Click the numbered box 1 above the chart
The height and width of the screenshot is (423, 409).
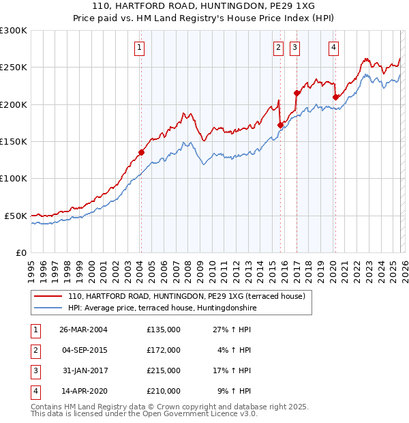(x=139, y=47)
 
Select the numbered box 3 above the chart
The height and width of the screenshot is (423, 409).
(x=294, y=47)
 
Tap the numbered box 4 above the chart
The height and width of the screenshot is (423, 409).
(x=333, y=47)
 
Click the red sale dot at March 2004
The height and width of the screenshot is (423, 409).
(x=141, y=152)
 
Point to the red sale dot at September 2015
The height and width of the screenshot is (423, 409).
(x=280, y=125)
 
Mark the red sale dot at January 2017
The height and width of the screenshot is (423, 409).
(x=297, y=93)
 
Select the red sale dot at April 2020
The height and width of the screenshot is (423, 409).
(x=335, y=97)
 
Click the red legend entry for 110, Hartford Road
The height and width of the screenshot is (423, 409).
(x=190, y=297)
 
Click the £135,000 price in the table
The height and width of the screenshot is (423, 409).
(x=164, y=330)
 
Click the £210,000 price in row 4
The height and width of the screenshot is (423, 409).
(x=164, y=391)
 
